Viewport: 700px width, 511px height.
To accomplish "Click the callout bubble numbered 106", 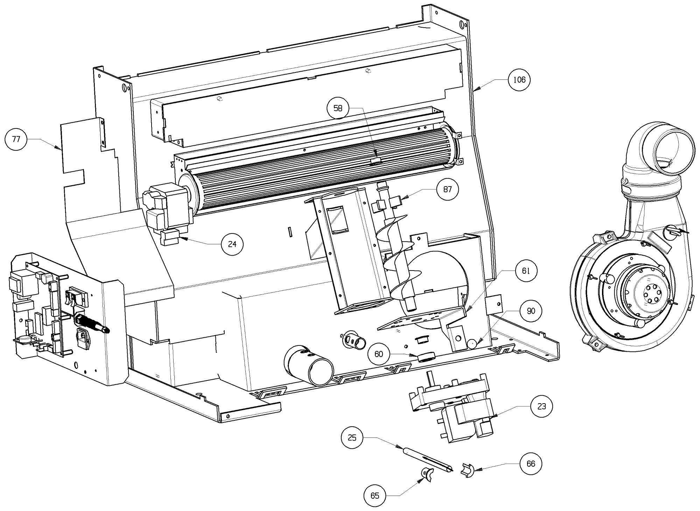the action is click(519, 80).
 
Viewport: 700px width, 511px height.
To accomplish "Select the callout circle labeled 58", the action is click(338, 108).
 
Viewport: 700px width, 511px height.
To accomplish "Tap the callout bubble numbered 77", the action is click(16, 139).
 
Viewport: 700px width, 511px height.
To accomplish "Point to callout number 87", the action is click(448, 189).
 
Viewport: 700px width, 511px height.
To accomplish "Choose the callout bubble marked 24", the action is click(232, 244).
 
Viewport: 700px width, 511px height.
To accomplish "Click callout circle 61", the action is click(526, 271).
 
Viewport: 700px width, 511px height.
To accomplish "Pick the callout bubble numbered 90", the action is click(531, 311).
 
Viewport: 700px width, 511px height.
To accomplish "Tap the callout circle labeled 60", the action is click(379, 354).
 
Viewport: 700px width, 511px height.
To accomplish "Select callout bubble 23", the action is click(541, 406).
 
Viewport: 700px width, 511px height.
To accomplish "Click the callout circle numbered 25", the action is click(352, 437).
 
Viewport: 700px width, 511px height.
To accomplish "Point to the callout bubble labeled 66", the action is click(531, 463).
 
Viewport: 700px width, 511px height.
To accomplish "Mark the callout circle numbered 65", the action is click(375, 496).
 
